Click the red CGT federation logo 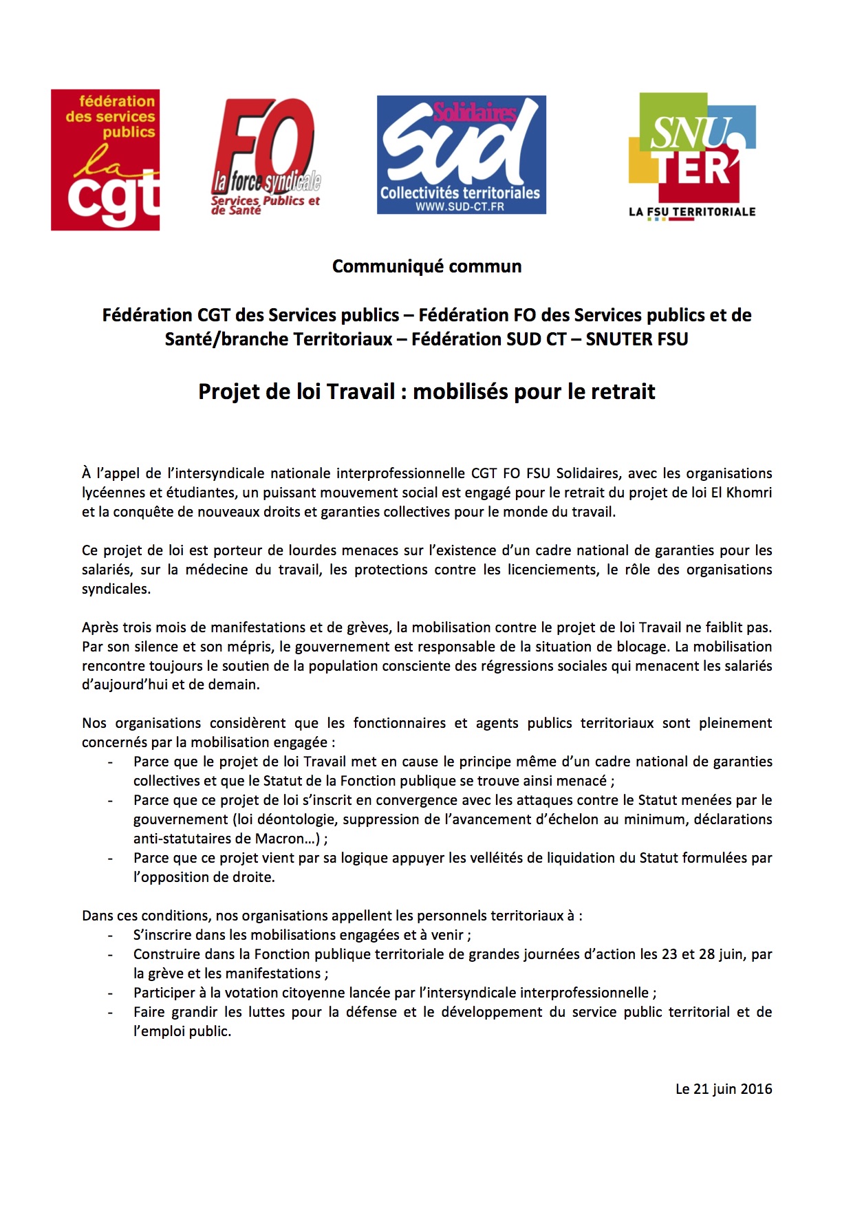pyautogui.click(x=105, y=160)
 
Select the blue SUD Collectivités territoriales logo pyautogui.click(x=461, y=155)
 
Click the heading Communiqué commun pyautogui.click(x=426, y=266)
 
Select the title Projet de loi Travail pyautogui.click(x=426, y=391)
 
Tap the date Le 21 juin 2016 pyautogui.click(x=724, y=1089)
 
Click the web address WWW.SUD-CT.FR pyautogui.click(x=460, y=206)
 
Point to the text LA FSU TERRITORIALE pyautogui.click(x=692, y=212)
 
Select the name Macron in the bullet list pyautogui.click(x=280, y=839)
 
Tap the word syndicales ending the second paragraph pyautogui.click(x=116, y=589)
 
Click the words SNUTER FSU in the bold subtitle pyautogui.click(x=637, y=339)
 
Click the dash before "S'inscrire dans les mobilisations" pyautogui.click(x=110, y=936)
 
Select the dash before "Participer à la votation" pyautogui.click(x=110, y=993)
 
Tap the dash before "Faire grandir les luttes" pyautogui.click(x=110, y=1013)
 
